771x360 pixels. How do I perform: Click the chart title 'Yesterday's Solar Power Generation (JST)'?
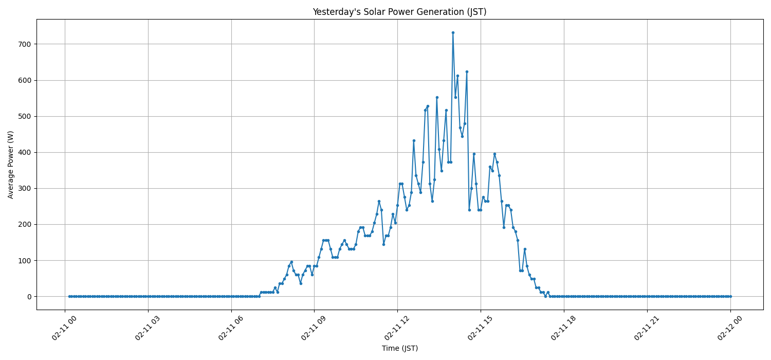tap(399, 12)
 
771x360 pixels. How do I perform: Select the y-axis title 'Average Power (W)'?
tap(11, 165)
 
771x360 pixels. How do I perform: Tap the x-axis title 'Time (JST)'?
tap(399, 348)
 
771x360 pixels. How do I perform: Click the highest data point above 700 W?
tap(453, 32)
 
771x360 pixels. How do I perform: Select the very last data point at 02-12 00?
tap(730, 296)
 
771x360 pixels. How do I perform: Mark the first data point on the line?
tap(69, 296)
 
